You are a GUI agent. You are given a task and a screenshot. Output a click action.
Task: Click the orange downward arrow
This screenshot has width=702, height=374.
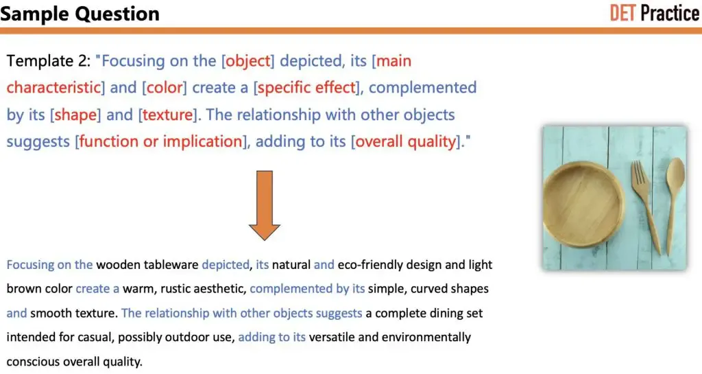pyautogui.click(x=265, y=206)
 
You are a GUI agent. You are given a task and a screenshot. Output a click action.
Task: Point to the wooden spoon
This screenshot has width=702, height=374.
pyautogui.click(x=675, y=199)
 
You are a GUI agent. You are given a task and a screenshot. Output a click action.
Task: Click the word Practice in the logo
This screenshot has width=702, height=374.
pyautogui.click(x=670, y=13)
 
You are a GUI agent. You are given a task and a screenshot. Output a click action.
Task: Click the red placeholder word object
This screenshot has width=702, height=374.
pyautogui.click(x=248, y=61)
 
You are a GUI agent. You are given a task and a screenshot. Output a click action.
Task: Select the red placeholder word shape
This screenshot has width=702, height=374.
pyautogui.click(x=75, y=115)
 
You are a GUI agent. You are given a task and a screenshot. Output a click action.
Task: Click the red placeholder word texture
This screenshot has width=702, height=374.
pyautogui.click(x=167, y=115)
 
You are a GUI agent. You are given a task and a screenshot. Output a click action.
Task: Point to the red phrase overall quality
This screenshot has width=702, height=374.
pyautogui.click(x=405, y=141)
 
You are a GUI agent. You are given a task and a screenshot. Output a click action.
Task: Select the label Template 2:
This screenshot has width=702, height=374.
pyautogui.click(x=48, y=61)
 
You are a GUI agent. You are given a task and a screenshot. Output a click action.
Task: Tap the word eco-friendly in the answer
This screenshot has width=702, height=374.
pyautogui.click(x=372, y=264)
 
